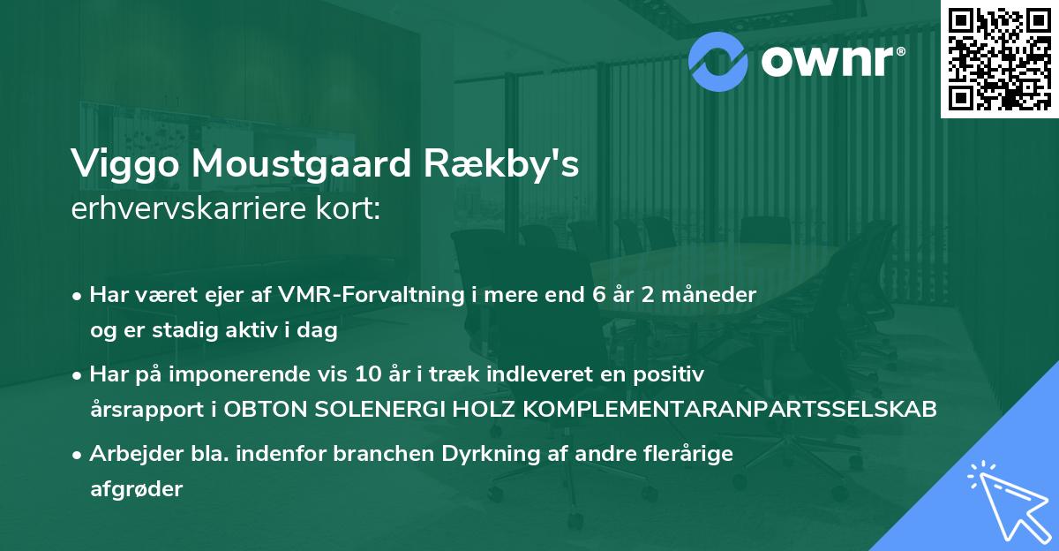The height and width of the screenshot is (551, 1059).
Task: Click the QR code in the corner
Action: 999,58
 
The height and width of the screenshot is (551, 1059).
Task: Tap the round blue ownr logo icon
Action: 718,60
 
